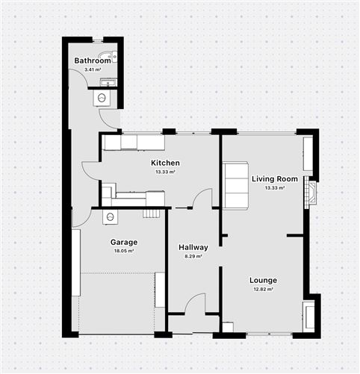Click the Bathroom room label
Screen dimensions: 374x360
[93, 60]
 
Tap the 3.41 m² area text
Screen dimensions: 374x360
[93, 69]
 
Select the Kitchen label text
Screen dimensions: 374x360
[165, 163]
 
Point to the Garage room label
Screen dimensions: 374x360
[123, 243]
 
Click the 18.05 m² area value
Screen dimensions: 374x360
[123, 252]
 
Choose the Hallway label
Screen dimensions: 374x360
[193, 248]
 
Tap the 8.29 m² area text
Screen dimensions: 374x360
[193, 257]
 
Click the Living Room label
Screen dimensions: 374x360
[275, 179]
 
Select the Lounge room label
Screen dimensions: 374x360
[264, 281]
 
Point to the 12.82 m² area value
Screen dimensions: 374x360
[264, 290]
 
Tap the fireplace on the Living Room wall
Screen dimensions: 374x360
[311, 193]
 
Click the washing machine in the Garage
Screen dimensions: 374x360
[111, 217]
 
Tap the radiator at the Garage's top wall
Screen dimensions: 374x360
[152, 214]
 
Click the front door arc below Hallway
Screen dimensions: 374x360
[196, 305]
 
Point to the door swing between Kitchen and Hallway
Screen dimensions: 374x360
[202, 199]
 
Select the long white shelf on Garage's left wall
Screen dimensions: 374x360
[75, 262]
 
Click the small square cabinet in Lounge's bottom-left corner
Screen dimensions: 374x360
[228, 327]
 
